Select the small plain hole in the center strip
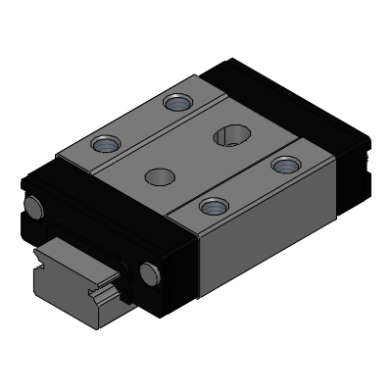157,177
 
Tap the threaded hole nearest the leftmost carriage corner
105,146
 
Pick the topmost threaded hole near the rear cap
177,101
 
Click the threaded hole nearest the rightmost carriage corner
285,164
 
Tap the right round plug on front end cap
149,271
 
